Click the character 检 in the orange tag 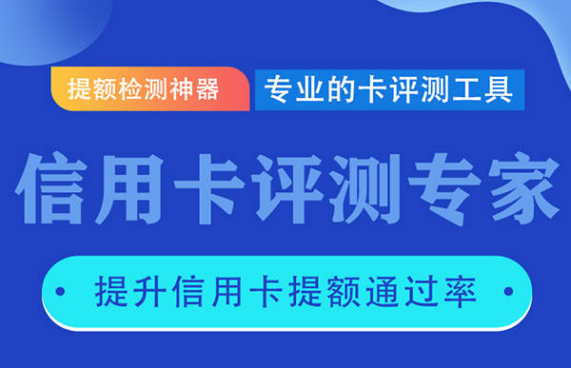pos(133,89)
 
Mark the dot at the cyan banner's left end pos(63,288)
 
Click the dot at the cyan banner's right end pos(513,288)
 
